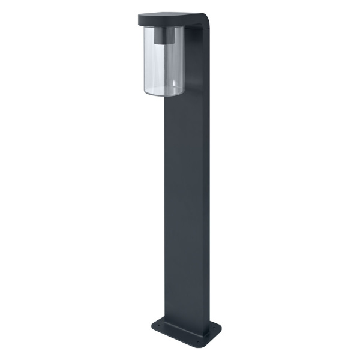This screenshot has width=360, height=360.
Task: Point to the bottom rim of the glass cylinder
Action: coord(164,94)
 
